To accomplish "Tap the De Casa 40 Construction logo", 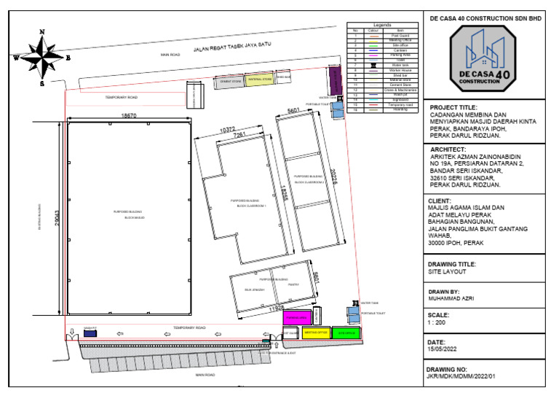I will pos(475,58).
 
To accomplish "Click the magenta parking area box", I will pos(297,318).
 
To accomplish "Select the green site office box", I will pos(347,333).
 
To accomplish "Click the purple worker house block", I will pos(336,79).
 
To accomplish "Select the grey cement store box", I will pos(231,82).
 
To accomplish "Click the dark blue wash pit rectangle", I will pos(90,334).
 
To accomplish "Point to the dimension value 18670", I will pos(129,115).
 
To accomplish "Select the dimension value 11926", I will pos(273,308).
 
